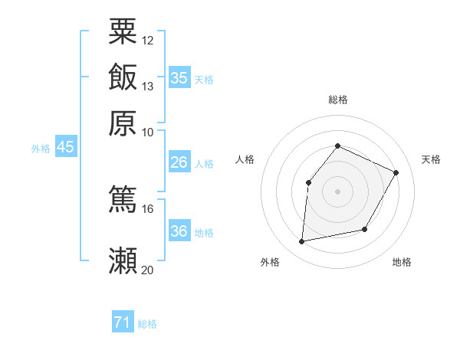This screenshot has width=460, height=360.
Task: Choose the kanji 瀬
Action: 123,260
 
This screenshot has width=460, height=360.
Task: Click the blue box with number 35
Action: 179,77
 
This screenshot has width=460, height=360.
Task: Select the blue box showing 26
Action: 179,162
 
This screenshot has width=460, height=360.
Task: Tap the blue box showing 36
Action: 179,231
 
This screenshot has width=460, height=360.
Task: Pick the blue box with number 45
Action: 65,147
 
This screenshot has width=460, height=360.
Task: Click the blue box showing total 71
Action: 122,323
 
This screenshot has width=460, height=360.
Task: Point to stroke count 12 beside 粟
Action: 148,40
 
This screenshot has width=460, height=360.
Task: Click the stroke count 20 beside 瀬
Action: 148,270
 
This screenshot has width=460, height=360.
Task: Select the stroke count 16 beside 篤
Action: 148,208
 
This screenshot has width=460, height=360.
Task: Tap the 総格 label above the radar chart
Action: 337,100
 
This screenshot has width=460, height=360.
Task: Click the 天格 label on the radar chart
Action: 431,159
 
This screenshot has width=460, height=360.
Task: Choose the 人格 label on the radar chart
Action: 245,159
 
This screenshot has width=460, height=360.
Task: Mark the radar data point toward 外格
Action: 302,242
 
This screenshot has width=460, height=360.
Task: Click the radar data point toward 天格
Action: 396,172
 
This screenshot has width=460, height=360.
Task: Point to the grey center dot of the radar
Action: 337,191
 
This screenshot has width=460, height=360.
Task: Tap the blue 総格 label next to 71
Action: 147,324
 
